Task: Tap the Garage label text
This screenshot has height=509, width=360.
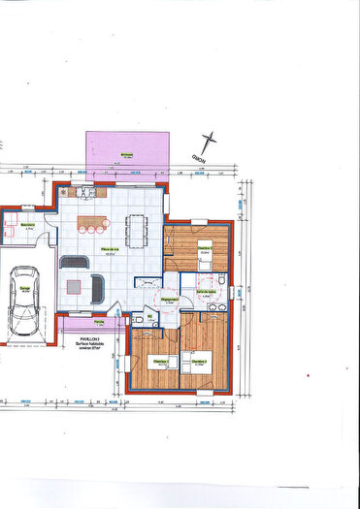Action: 23,287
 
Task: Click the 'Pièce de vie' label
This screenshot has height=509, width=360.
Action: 110,250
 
